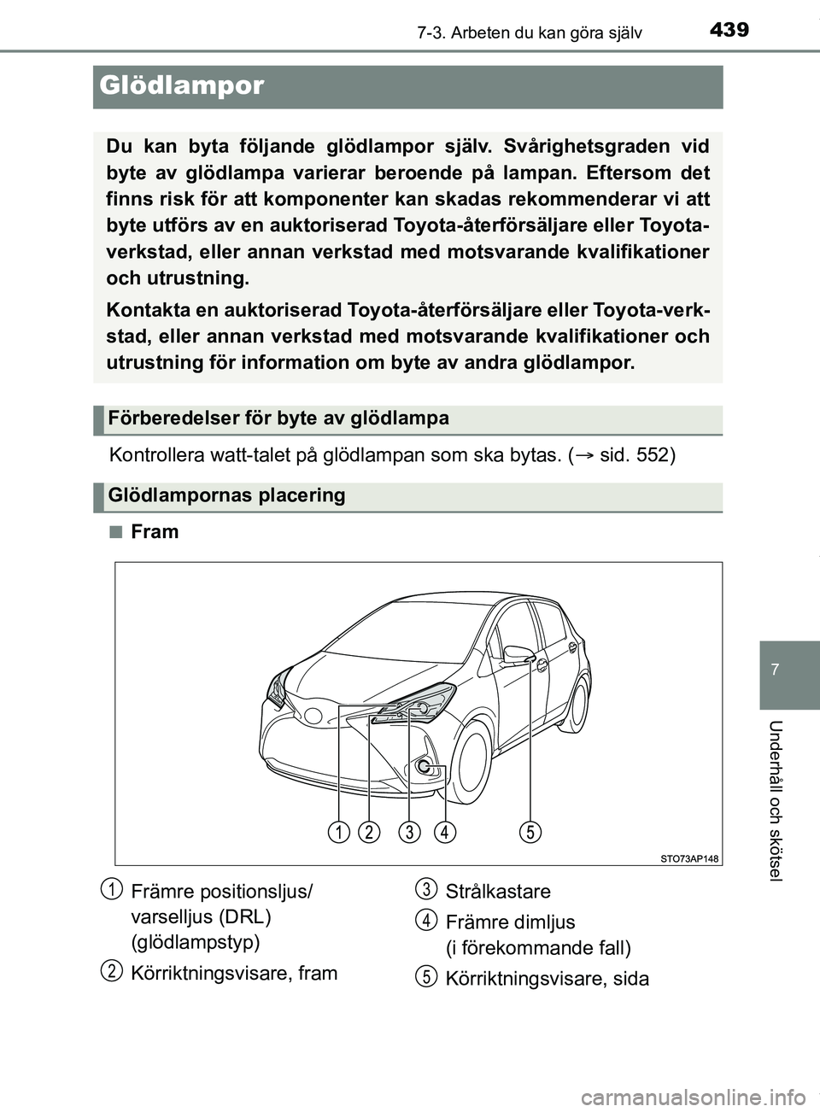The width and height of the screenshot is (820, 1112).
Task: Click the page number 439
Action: click(x=729, y=30)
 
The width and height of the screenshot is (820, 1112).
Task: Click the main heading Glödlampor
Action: click(x=182, y=85)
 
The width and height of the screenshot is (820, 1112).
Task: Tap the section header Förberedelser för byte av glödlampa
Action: click(x=278, y=418)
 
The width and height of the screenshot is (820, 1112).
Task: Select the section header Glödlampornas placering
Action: click(x=227, y=495)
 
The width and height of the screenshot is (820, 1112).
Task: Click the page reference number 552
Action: click(x=651, y=454)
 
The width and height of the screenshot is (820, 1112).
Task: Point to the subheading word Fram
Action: click(x=155, y=531)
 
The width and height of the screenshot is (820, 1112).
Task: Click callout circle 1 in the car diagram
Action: click(x=339, y=831)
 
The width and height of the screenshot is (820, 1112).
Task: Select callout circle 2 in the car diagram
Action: click(x=369, y=831)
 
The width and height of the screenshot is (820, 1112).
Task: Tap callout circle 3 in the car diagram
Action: click(x=409, y=831)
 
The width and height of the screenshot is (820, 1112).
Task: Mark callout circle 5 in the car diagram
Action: click(x=530, y=831)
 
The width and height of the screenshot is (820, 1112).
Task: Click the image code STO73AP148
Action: click(x=688, y=858)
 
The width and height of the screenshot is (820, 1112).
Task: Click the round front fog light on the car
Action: click(x=424, y=766)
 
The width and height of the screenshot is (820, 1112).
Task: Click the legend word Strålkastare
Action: click(x=498, y=891)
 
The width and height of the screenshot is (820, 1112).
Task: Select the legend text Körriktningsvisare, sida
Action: click(x=547, y=979)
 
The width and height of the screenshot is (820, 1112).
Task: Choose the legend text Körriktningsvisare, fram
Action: click(x=234, y=973)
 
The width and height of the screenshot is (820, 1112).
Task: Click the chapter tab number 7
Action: click(x=775, y=670)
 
